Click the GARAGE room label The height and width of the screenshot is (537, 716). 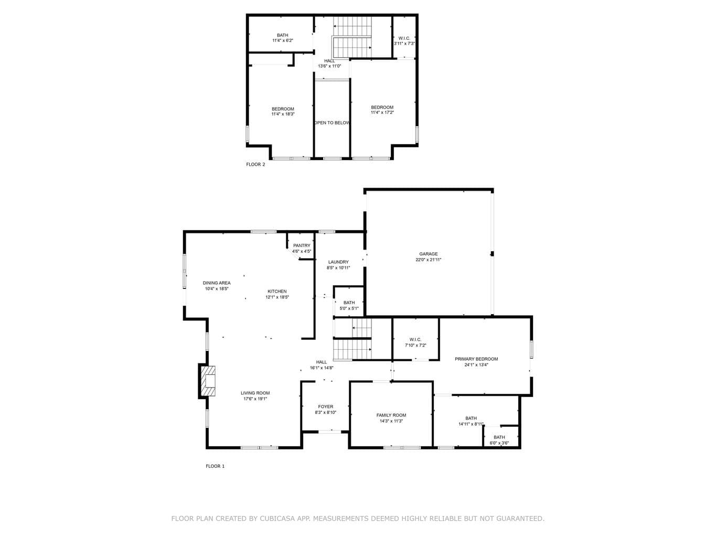click(x=429, y=254)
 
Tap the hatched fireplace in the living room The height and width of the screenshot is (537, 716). click(x=208, y=381)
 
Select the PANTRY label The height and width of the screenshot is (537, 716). click(x=302, y=245)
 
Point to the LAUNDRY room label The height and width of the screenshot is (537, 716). click(x=338, y=262)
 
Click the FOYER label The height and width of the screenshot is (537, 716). click(x=326, y=406)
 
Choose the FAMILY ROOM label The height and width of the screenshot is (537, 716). click(x=391, y=415)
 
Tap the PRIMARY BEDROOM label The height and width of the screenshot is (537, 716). click(x=476, y=359)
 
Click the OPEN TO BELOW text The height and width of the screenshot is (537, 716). click(x=332, y=123)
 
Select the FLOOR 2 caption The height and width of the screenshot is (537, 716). click(x=255, y=164)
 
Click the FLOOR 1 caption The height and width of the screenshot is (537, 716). click(x=215, y=466)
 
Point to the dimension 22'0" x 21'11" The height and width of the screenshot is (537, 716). click(x=429, y=260)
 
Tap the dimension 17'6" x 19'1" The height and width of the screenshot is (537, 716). click(x=255, y=399)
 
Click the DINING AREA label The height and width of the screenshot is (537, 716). click(x=217, y=283)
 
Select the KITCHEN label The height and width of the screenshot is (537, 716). click(x=277, y=292)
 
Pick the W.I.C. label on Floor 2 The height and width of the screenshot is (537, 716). click(x=404, y=38)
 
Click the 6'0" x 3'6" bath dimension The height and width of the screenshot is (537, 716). click(x=499, y=443)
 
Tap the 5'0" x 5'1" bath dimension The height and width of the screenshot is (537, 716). click(x=349, y=308)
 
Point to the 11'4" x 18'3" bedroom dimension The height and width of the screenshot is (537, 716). click(x=283, y=114)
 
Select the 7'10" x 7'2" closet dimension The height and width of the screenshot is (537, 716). click(x=415, y=345)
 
